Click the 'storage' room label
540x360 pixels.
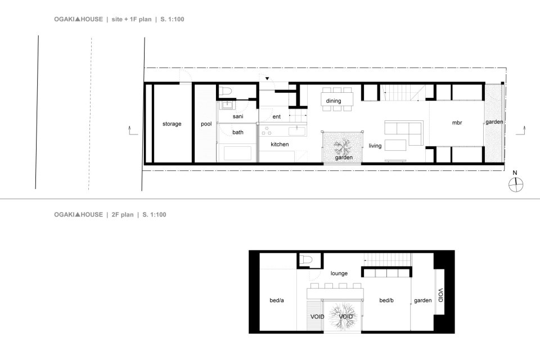click(172, 124)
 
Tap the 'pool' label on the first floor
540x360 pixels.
click(206, 124)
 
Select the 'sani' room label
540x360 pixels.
click(237, 116)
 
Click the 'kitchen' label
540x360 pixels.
click(280, 145)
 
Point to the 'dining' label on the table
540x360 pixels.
click(334, 101)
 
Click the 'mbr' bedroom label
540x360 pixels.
click(456, 122)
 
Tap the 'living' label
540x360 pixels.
click(375, 146)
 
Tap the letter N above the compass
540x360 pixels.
click(515, 172)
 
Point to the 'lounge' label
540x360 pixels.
click(339, 273)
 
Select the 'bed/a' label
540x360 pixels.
click(277, 300)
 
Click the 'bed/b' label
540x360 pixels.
click(386, 300)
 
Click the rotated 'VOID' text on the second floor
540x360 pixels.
click(440, 295)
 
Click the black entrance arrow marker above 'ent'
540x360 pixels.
click(268, 79)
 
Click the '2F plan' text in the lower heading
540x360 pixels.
click(122, 214)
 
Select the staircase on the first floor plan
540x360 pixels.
click(400, 92)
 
